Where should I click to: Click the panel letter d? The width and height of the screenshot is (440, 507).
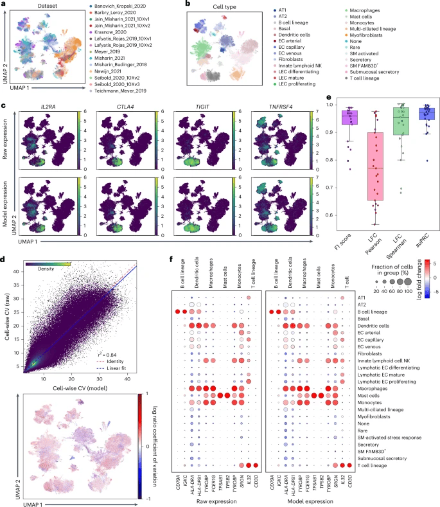pyautogui.click(x=4, y=260)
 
